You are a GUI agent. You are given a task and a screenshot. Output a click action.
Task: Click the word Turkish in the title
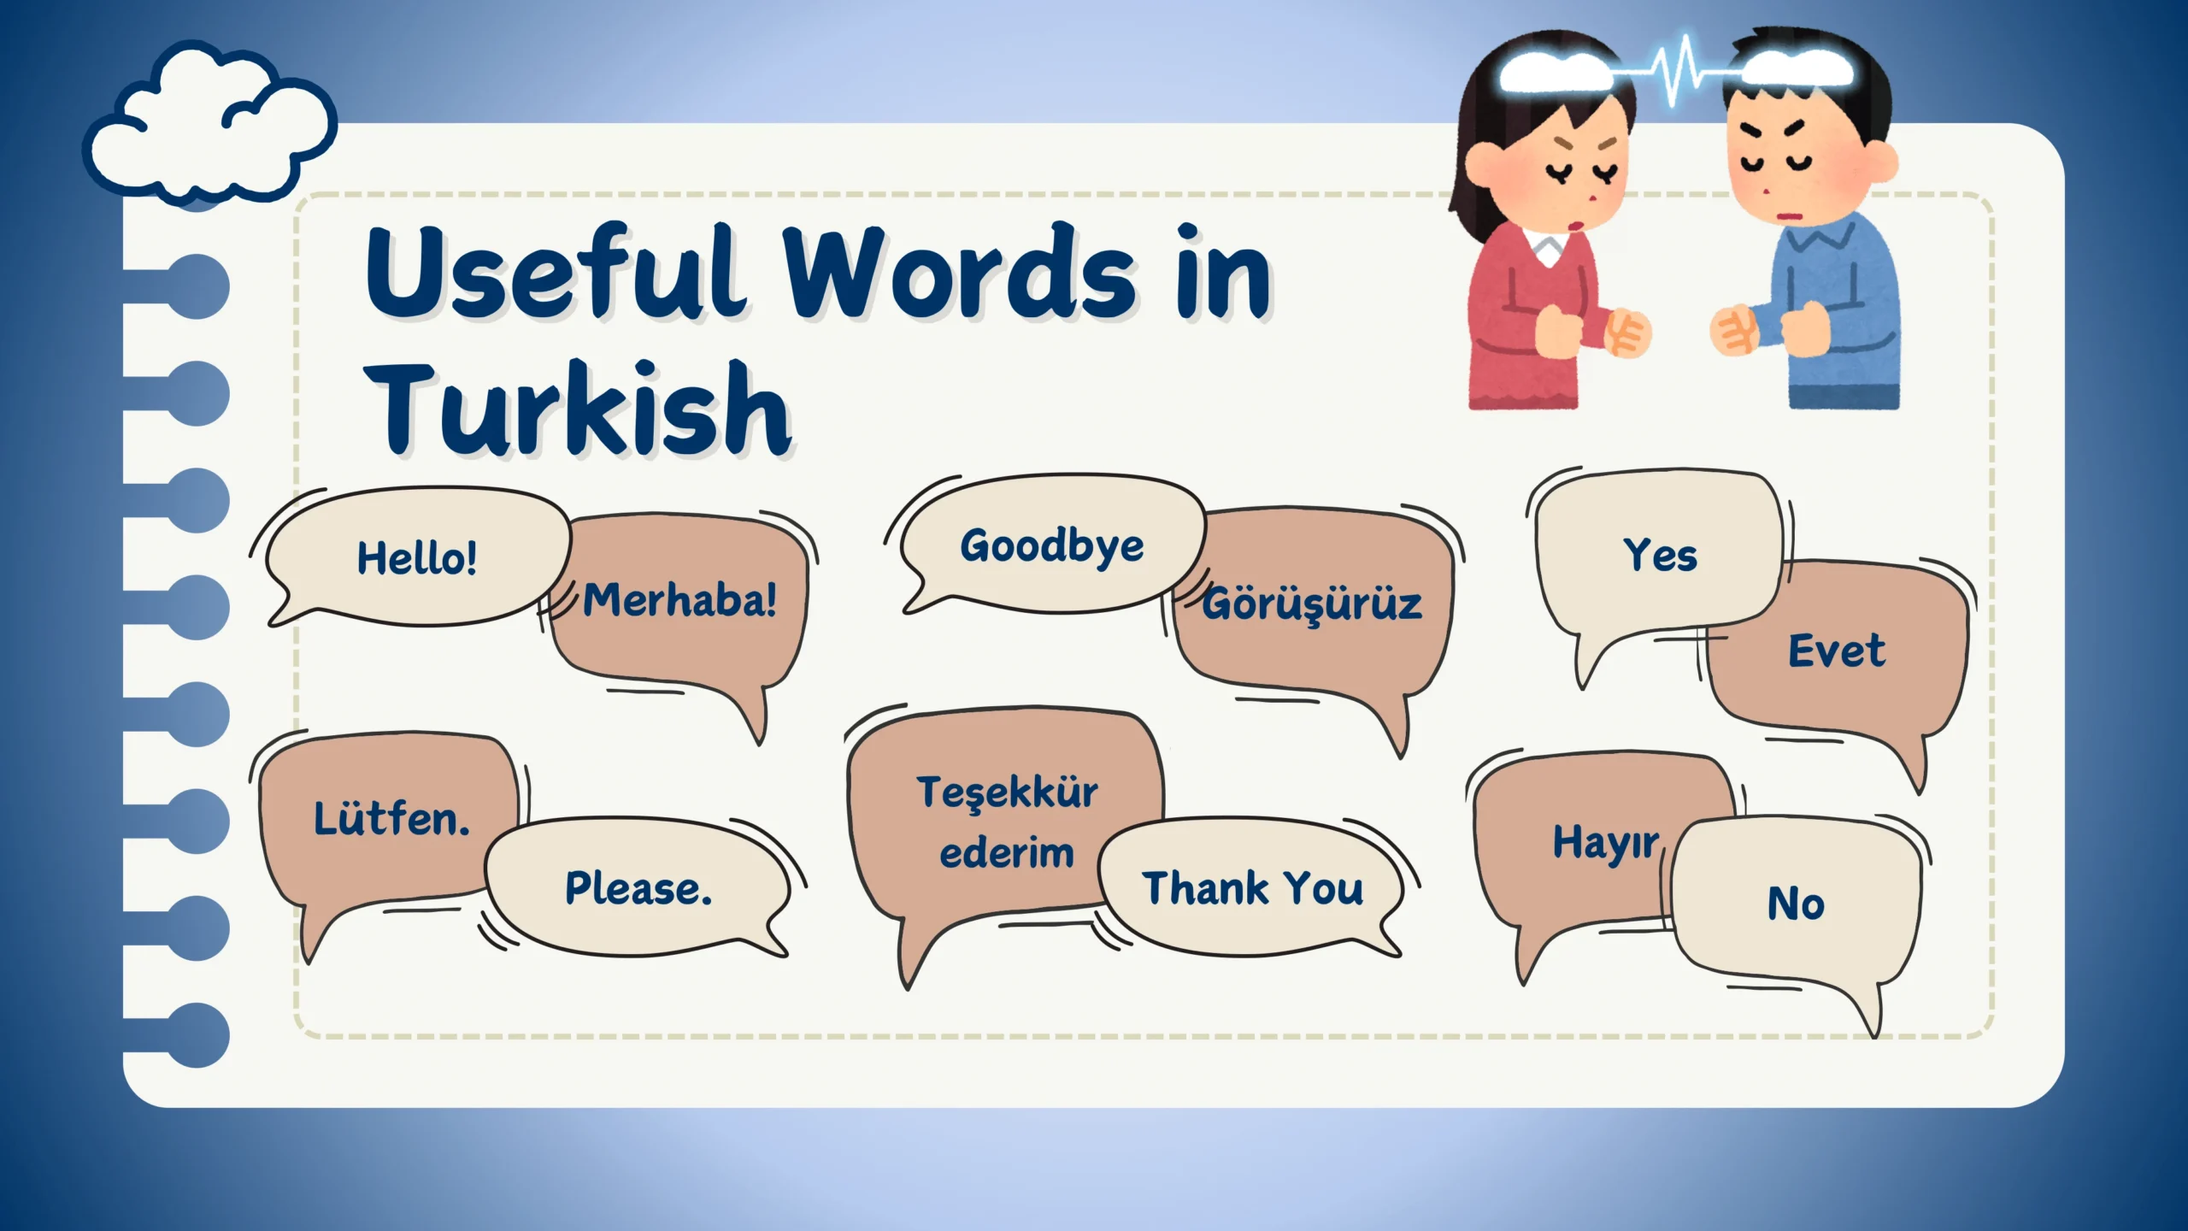[x=579, y=408]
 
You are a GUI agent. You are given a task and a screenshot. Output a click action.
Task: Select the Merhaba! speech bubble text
[x=680, y=599]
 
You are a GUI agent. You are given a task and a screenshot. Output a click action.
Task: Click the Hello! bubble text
[x=417, y=558]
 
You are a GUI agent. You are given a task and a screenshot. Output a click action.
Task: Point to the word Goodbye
[x=1052, y=547]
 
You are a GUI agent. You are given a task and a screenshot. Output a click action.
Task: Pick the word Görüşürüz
[x=1313, y=603]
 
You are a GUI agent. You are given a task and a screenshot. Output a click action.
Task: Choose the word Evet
[x=1837, y=651]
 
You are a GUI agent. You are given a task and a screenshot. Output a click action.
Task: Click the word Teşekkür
[x=1008, y=791]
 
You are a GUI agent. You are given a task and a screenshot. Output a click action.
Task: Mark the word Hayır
[x=1606, y=843]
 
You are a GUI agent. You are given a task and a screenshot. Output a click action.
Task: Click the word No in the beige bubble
[x=1796, y=904]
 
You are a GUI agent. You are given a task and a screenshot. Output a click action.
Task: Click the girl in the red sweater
[x=1547, y=222]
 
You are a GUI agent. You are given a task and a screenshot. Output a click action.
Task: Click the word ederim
[x=1007, y=853]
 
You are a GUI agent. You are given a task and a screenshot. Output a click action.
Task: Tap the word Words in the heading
[x=960, y=272]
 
